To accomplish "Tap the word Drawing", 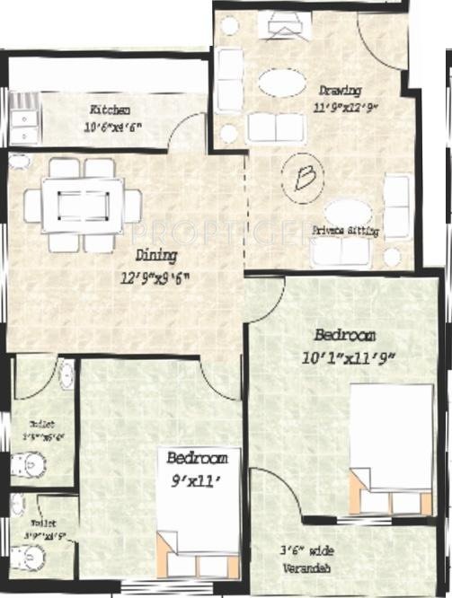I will tap(340, 91).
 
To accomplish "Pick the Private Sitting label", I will tap(345, 231).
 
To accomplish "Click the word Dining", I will tap(154, 253).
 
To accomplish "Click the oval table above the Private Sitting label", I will tap(347, 212).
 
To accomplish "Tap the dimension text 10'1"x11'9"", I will tap(355, 358).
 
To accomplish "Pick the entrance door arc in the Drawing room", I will tap(382, 40).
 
